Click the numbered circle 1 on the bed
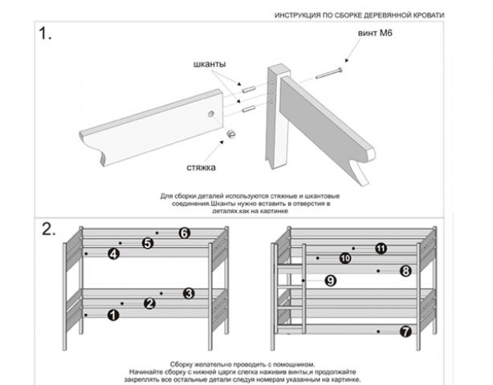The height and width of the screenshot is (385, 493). tap(112, 315)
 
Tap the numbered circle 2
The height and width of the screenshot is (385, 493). tap(149, 303)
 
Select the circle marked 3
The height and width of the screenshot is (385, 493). tap(189, 293)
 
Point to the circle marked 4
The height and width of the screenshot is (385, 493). tap(113, 253)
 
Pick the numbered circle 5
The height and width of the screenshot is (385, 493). tap(148, 242)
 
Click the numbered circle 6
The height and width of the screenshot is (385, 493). tap(184, 233)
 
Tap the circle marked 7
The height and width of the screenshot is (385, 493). tap(405, 330)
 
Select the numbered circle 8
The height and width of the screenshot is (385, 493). tap(405, 271)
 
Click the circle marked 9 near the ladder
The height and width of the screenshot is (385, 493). tap(331, 280)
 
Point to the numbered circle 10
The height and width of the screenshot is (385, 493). tap(345, 258)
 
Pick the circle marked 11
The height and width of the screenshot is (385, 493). tap(381, 249)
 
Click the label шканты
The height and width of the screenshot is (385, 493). tap(210, 63)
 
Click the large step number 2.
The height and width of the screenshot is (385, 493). tap(48, 228)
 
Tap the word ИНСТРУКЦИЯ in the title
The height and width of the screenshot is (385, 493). tap(299, 14)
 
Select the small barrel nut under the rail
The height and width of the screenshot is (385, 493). tap(230, 133)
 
